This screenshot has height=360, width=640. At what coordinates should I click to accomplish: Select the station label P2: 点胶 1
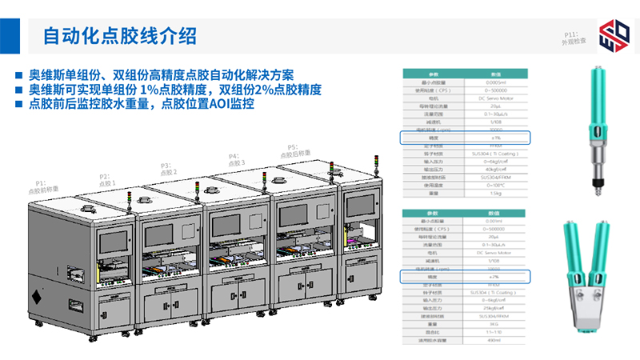[x=107, y=180]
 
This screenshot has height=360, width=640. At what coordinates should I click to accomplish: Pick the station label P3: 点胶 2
[x=168, y=168]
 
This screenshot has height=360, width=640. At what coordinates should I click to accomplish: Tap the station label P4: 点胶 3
[x=236, y=159]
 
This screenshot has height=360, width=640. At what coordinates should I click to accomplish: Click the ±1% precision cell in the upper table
[x=496, y=138]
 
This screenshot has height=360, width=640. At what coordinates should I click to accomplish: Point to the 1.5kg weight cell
[x=496, y=193]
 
